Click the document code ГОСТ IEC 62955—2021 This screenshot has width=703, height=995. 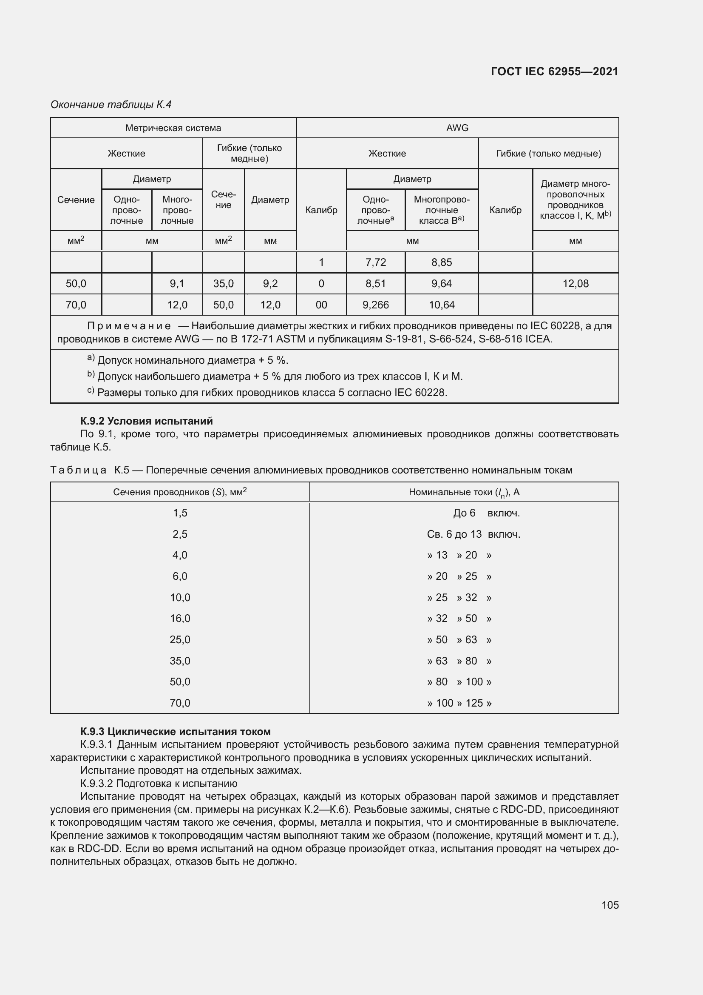point(555,71)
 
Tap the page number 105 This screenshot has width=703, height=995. point(610,905)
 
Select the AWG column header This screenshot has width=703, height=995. point(457,128)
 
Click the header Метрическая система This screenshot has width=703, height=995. point(173,128)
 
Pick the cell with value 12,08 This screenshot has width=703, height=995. point(575,284)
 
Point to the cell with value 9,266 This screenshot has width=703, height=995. point(375,305)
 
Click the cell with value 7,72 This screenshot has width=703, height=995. point(375,262)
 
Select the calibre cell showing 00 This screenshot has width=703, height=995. point(321,305)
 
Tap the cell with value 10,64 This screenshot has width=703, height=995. point(442,305)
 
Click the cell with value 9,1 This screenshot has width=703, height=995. point(177,284)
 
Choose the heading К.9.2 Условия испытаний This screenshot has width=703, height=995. point(146,421)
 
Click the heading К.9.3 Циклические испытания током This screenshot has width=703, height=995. point(175,732)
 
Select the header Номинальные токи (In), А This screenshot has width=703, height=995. point(464,492)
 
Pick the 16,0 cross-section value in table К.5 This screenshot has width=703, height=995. point(180,619)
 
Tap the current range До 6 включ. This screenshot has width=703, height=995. point(486,513)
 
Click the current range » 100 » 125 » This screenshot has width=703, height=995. point(459,703)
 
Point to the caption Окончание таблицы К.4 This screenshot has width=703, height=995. point(111,105)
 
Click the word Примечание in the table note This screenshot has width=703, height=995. point(128,326)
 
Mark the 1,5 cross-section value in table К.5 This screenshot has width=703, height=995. point(180,513)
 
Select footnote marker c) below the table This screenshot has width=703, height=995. point(91,391)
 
